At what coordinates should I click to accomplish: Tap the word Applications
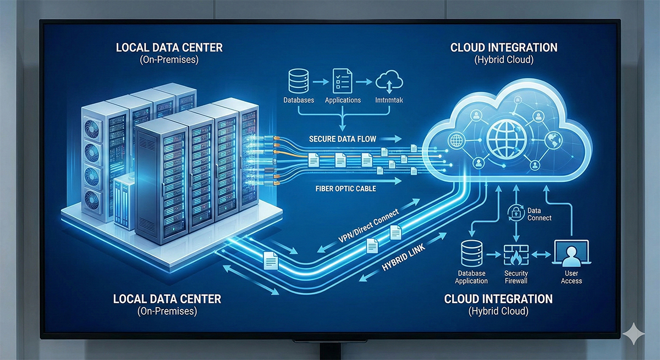tap(343, 100)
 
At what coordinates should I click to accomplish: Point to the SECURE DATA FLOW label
tap(342, 139)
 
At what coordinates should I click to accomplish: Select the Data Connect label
tap(539, 214)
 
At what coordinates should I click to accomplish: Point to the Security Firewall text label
tap(516, 277)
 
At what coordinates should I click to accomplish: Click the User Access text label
tap(571, 277)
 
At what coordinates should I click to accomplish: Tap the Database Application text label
tap(471, 277)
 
